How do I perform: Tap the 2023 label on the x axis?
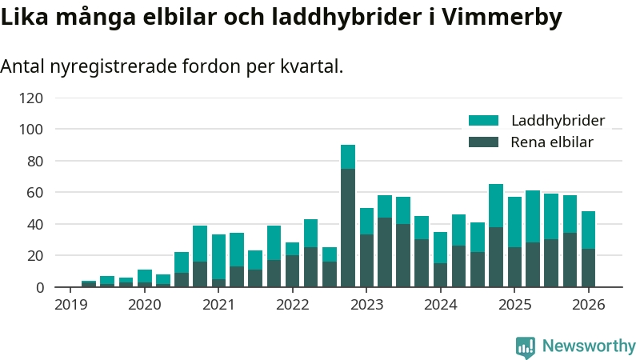366,304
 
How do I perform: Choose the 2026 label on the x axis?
589,304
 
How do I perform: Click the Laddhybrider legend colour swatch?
483,121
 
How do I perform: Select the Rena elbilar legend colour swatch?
483,142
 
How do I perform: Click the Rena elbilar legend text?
551,142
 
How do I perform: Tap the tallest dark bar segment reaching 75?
348,228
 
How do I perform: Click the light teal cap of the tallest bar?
348,157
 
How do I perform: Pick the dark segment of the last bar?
588,268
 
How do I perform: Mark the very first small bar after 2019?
89,284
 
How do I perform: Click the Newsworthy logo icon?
526,346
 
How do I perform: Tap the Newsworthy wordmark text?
589,346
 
